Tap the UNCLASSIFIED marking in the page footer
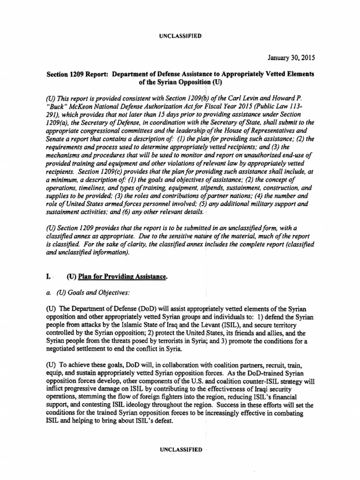click(180, 450)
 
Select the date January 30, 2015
click(291, 58)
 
